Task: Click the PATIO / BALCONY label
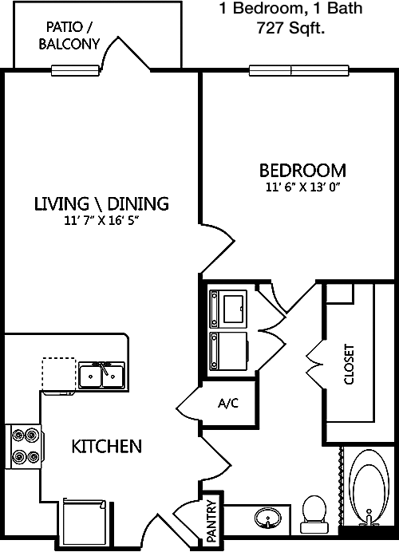point(69,36)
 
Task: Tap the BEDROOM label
point(303,171)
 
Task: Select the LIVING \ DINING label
point(101,204)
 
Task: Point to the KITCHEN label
point(107,447)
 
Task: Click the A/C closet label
point(228,403)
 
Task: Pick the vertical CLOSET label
point(349,364)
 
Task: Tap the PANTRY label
point(211,521)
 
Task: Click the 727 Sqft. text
point(290,28)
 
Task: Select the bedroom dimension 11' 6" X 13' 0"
point(303,187)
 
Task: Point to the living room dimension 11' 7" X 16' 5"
point(101,221)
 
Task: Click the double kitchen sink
point(101,376)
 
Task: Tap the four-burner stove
point(26,447)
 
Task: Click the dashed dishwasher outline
point(59,374)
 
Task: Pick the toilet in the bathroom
point(314,514)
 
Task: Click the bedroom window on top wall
point(299,71)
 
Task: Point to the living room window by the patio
point(75,71)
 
